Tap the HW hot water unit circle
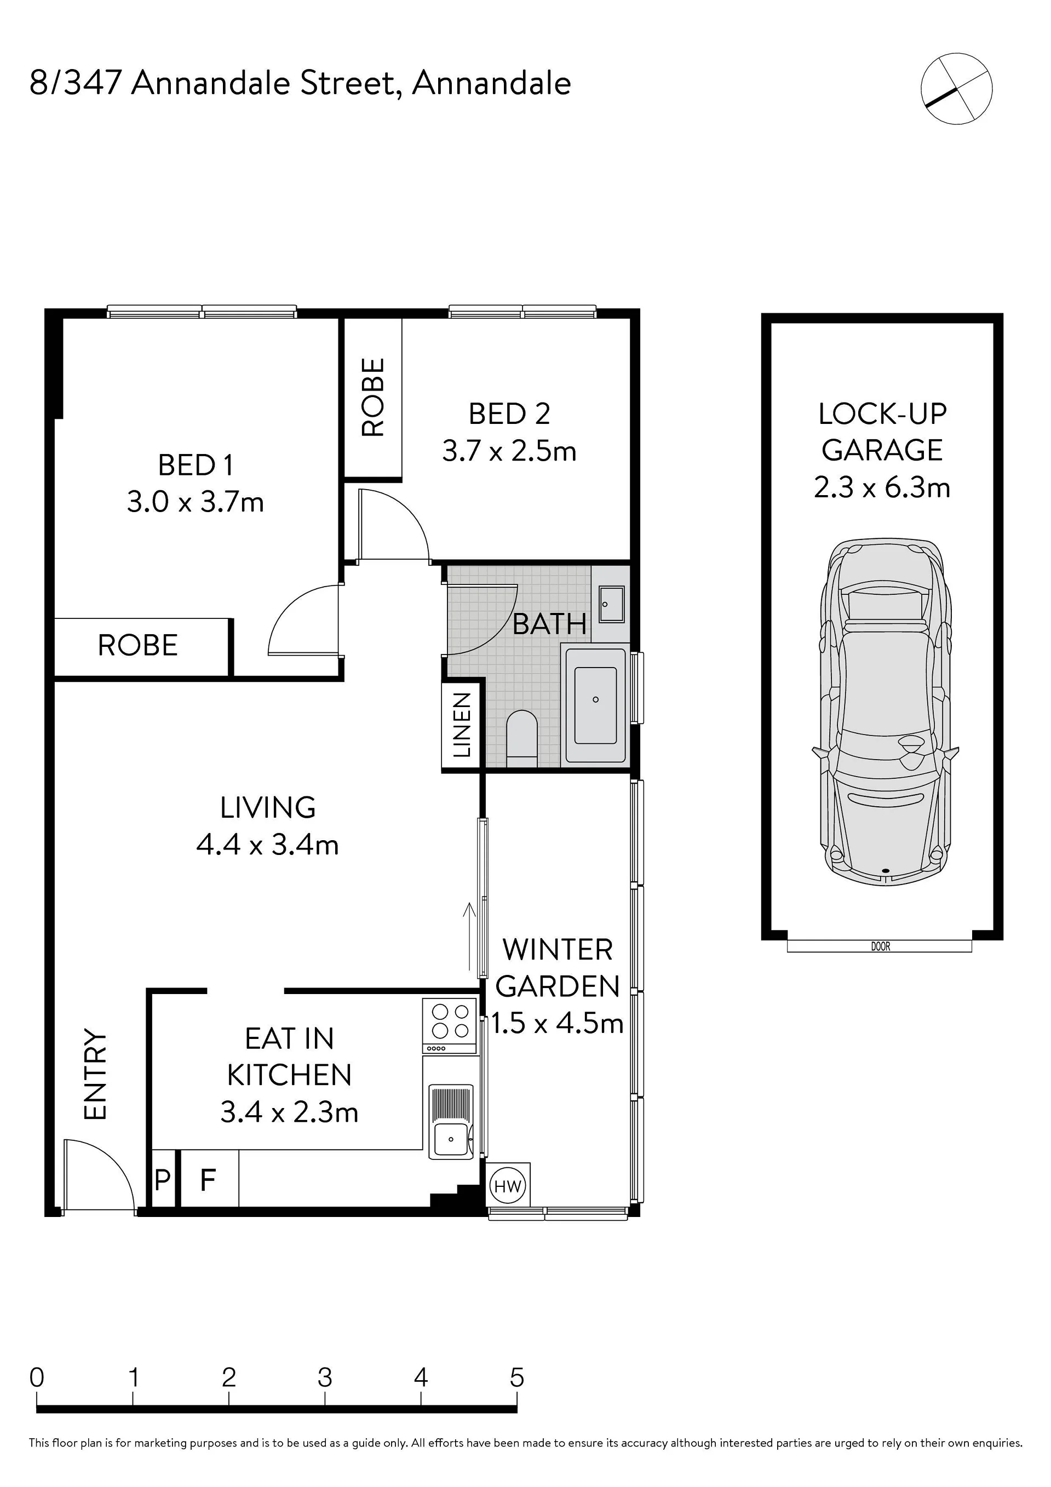tap(508, 1186)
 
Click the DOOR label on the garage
tap(880, 947)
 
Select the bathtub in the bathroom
tap(596, 705)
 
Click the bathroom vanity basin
tap(611, 604)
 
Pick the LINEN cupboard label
tap(461, 725)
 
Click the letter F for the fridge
tap(207, 1180)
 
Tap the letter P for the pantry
tap(162, 1180)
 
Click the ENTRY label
tap(95, 1075)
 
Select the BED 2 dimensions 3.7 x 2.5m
tap(509, 451)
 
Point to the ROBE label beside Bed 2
tap(373, 397)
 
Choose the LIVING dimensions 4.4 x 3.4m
tap(267, 845)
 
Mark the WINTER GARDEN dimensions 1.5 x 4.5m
tap(557, 1023)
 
